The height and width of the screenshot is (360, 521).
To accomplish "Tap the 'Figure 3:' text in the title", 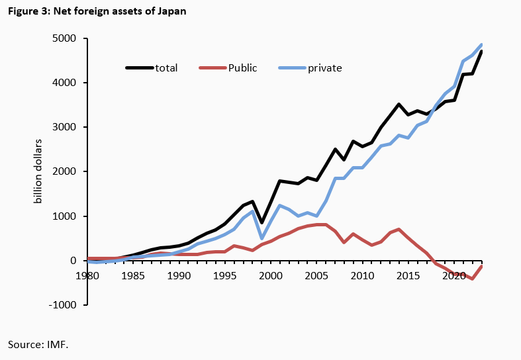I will [28, 12].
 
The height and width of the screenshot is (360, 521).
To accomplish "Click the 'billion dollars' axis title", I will [38, 172].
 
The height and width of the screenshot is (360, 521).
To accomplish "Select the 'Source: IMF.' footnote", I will [38, 345].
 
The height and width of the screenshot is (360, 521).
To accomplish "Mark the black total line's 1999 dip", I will [262, 222].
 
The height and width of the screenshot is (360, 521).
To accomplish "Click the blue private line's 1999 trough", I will [262, 238].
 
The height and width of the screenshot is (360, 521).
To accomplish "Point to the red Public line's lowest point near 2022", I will [473, 279].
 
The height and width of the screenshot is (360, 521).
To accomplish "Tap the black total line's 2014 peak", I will [399, 105].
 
